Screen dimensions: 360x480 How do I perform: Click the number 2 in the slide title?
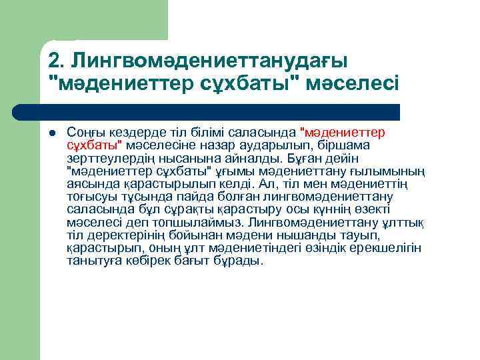tap(54, 61)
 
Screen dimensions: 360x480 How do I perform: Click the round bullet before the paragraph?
tap(53, 132)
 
